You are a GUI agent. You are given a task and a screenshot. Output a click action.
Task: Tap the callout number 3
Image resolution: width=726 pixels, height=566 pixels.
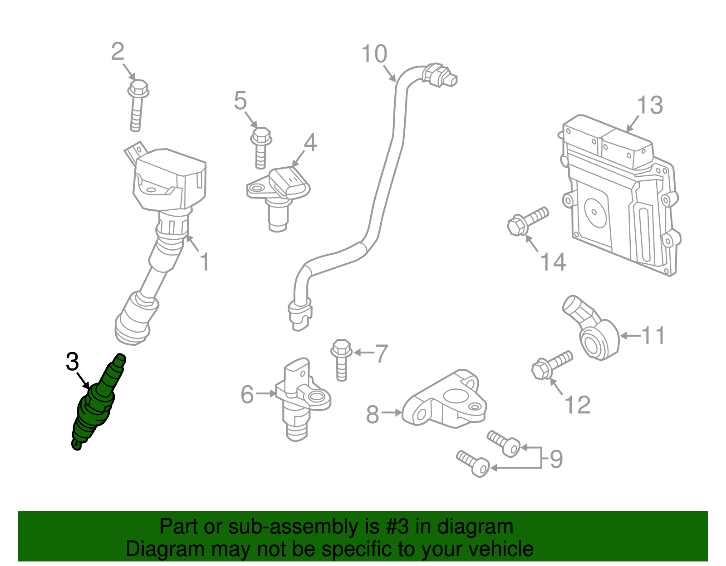72,363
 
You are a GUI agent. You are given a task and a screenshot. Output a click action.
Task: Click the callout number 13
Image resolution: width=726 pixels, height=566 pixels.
650,105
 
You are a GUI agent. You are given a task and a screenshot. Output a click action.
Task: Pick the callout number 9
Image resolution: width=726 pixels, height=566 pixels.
556,459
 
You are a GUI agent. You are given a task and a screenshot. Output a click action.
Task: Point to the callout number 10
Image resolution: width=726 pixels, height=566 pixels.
374,54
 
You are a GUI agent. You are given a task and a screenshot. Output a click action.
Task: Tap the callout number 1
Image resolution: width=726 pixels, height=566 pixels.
205,262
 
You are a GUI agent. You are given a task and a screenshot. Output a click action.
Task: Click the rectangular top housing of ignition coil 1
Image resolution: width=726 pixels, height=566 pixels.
170,179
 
